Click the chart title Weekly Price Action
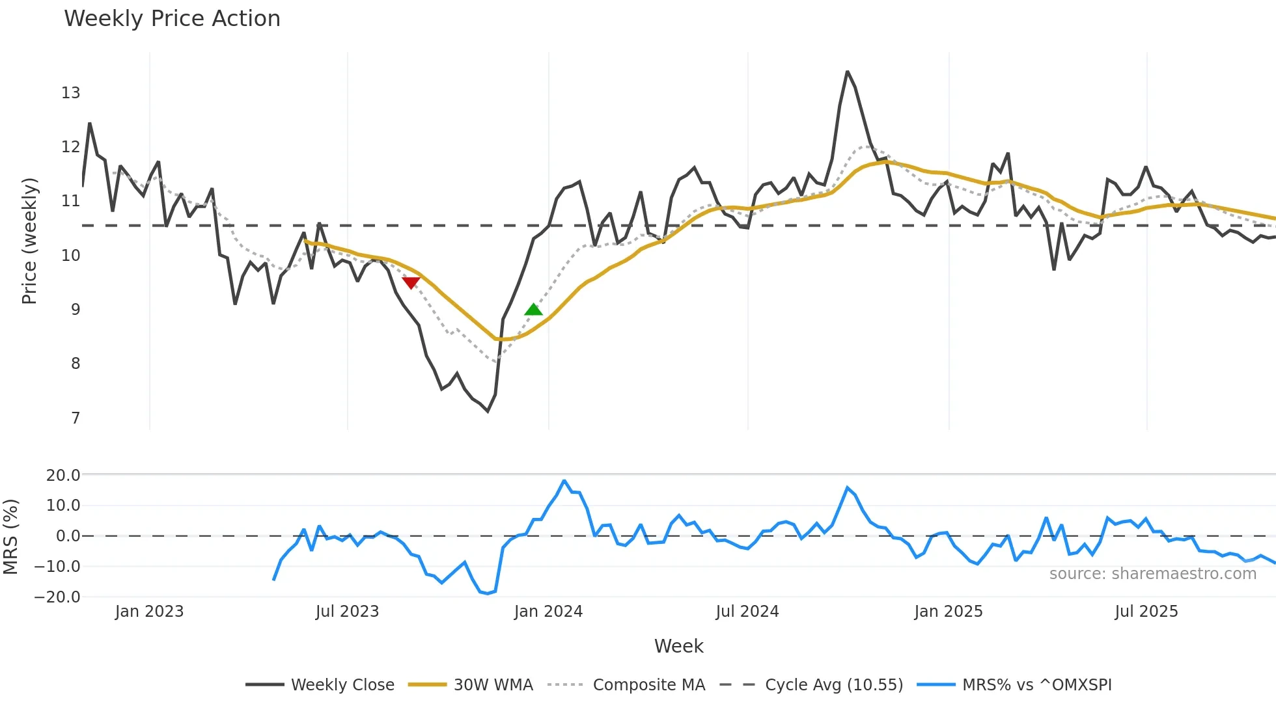click(172, 18)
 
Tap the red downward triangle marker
click(411, 282)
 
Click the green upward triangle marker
click(533, 310)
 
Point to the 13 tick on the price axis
click(70, 93)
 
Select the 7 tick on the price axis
click(76, 418)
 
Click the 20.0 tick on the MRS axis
click(63, 476)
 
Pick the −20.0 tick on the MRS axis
click(58, 597)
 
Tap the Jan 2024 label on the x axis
click(548, 612)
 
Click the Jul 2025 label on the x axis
click(1146, 612)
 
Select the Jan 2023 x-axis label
click(149, 612)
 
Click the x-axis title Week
click(678, 646)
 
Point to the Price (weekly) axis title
click(29, 241)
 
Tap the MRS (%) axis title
click(10, 537)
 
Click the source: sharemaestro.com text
click(1152, 574)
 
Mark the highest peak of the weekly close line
click(847, 72)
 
